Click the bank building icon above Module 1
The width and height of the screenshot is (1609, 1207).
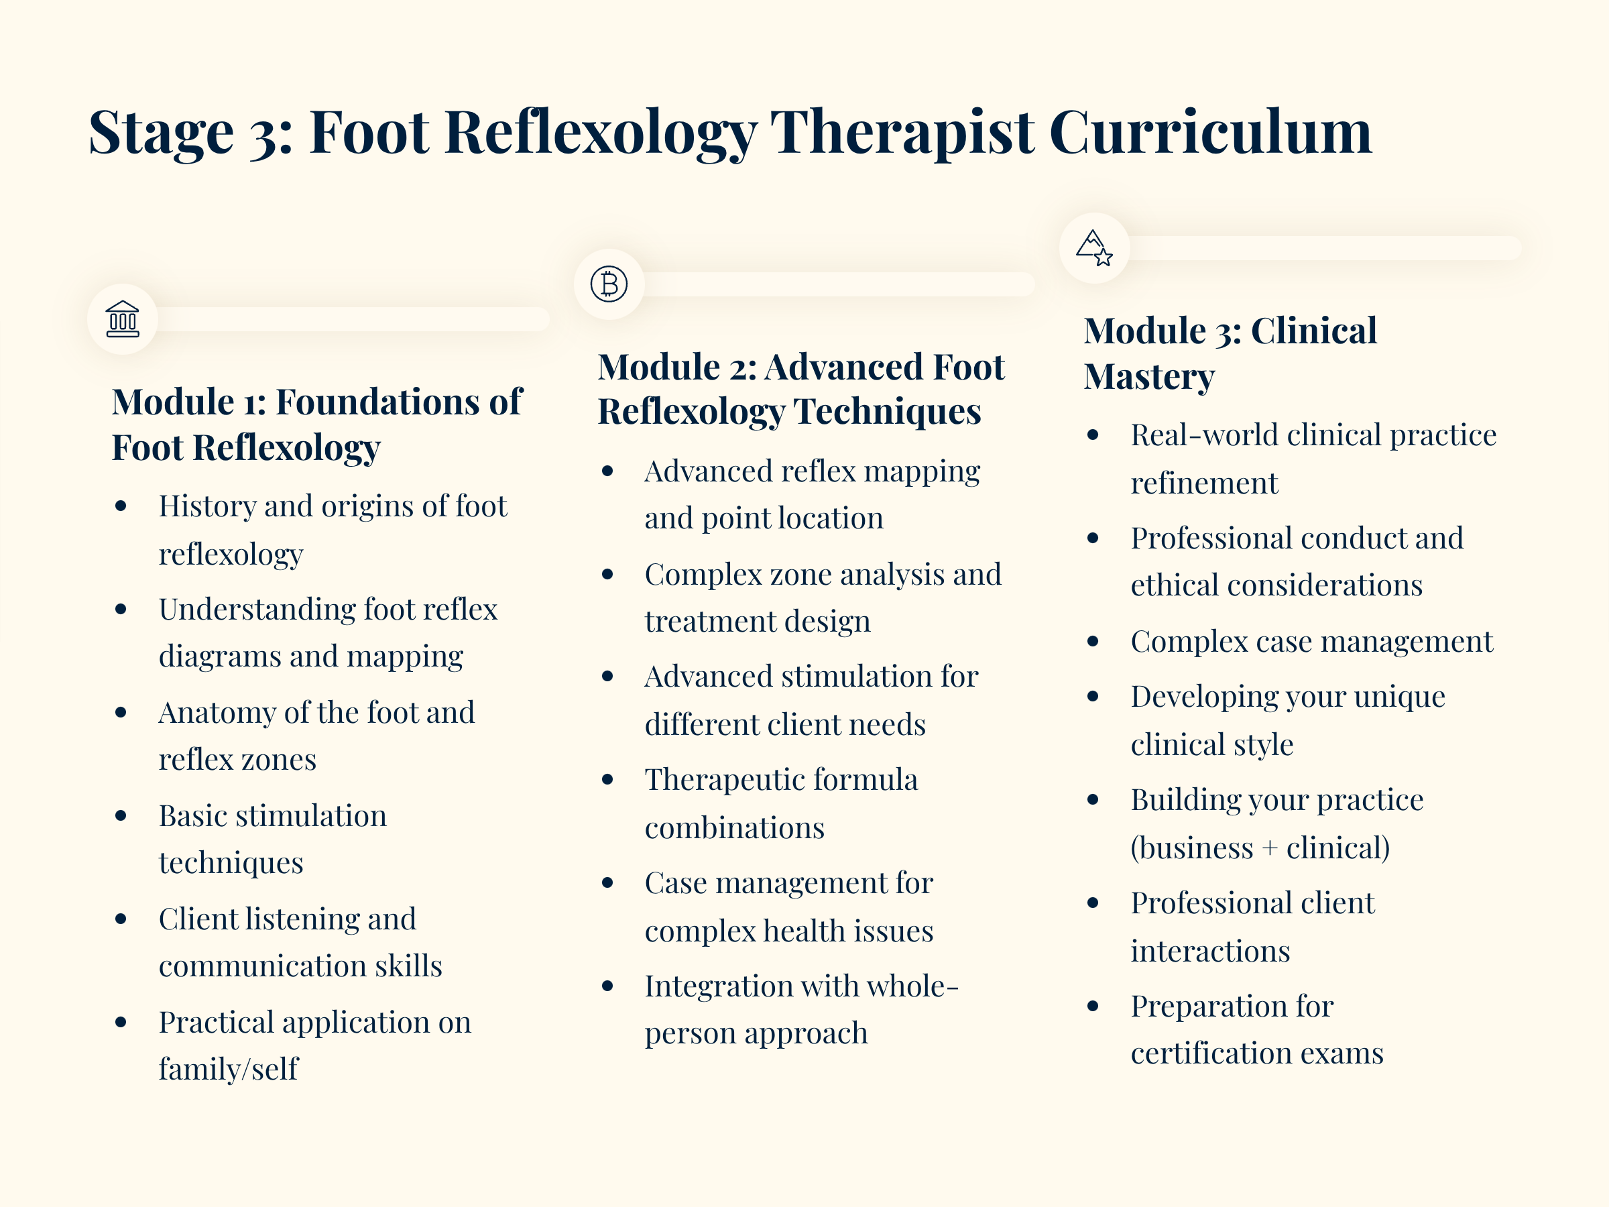click(x=122, y=319)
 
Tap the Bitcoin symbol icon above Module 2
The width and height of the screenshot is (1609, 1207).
click(x=609, y=284)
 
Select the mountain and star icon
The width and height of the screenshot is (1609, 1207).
click(x=1094, y=248)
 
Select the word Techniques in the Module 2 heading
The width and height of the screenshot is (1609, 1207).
click(x=888, y=412)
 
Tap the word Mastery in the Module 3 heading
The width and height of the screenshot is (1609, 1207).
click(x=1148, y=377)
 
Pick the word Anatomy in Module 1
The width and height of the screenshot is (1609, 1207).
click(x=216, y=713)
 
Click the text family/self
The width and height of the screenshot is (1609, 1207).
click(x=229, y=1070)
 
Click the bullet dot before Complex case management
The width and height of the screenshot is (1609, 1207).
click(x=1093, y=642)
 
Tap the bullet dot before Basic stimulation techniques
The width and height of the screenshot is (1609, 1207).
click(x=121, y=815)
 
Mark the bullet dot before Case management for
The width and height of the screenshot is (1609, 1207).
click(x=607, y=883)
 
